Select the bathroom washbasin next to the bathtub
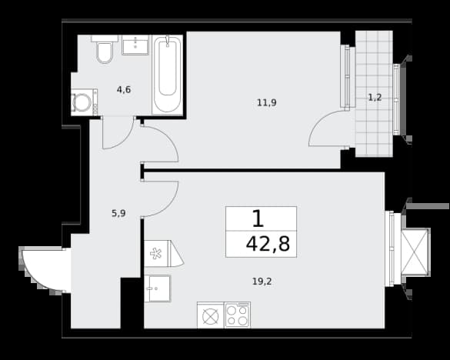pyautogui.click(x=135, y=45)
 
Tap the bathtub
pyautogui.click(x=168, y=75)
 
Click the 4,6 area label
pyautogui.click(x=124, y=90)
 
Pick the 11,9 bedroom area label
pyautogui.click(x=267, y=102)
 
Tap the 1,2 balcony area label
pyautogui.click(x=375, y=98)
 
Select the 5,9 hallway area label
pyautogui.click(x=118, y=213)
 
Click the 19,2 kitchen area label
pyautogui.click(x=262, y=282)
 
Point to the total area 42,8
pyautogui.click(x=268, y=245)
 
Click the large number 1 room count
pyautogui.click(x=258, y=218)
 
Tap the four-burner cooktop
pyautogui.click(x=237, y=315)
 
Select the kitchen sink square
pyautogui.click(x=158, y=288)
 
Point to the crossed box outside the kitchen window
pyautogui.click(x=415, y=252)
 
